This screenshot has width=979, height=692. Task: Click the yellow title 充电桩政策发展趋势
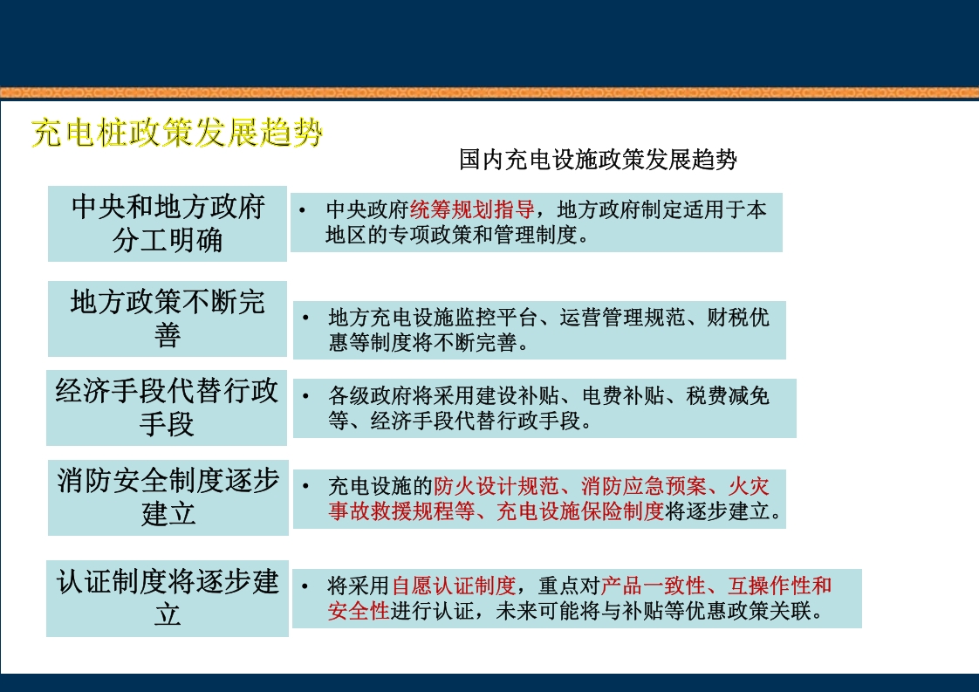(x=177, y=134)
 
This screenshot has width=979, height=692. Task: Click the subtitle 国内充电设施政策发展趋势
(x=598, y=160)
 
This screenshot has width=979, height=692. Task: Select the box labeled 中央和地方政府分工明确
(x=168, y=223)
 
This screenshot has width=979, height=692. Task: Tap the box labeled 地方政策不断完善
(x=168, y=319)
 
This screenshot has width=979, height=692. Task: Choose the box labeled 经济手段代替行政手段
(x=168, y=408)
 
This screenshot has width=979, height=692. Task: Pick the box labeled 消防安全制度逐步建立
(x=168, y=497)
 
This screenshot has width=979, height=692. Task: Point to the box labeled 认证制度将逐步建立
(x=168, y=599)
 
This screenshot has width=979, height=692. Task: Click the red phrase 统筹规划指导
(x=472, y=210)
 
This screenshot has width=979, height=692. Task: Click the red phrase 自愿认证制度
(x=454, y=586)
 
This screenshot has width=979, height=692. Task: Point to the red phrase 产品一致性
(x=653, y=586)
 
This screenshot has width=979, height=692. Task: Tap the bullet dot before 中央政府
(x=301, y=211)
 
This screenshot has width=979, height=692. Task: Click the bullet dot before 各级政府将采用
(x=305, y=396)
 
